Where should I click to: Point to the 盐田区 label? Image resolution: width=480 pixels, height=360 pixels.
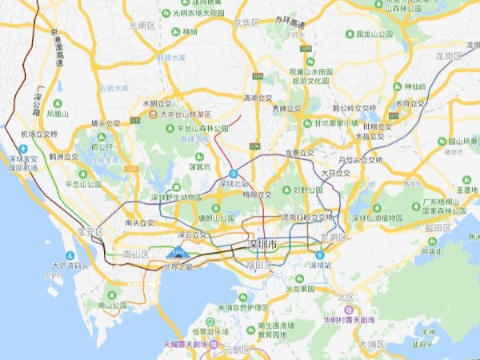[x=437, y=227]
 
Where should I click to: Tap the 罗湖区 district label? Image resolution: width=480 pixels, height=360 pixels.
[x=333, y=238]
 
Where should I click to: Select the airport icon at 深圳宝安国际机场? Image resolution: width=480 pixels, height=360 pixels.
[x=23, y=149]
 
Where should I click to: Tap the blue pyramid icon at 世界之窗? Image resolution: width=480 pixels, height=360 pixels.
[x=178, y=254]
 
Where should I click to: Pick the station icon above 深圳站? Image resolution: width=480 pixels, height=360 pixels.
[x=320, y=255]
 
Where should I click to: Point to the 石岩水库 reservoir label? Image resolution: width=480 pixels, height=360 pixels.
[x=113, y=88]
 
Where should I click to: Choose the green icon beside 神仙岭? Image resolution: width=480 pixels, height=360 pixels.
[x=397, y=86]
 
